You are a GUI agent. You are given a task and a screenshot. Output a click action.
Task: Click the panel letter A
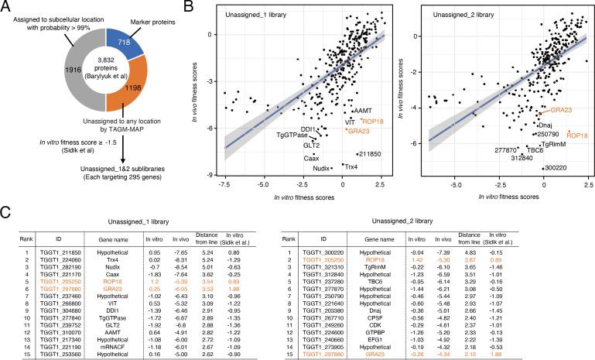pyautogui.click(x=6, y=6)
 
